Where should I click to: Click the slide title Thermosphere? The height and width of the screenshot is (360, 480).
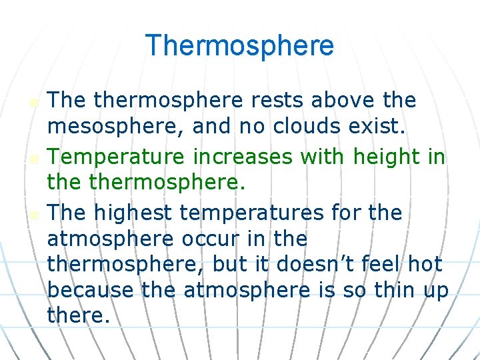[x=239, y=46]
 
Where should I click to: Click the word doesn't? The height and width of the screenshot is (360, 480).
[x=306, y=265]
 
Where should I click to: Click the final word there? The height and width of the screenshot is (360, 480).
[x=78, y=316]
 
